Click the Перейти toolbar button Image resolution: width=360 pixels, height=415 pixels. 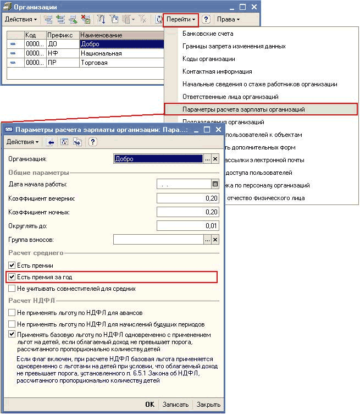(x=181, y=19)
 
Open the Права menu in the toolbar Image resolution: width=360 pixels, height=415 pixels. (x=228, y=19)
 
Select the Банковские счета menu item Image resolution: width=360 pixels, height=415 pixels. (x=208, y=34)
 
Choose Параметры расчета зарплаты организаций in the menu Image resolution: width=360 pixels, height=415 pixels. (x=243, y=109)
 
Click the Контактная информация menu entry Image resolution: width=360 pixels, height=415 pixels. (x=217, y=71)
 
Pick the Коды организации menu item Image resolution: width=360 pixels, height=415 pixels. (x=209, y=59)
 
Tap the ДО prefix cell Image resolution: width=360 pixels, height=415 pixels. (x=53, y=45)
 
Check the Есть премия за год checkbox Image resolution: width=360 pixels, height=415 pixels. (x=12, y=277)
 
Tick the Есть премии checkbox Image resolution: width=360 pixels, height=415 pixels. (x=12, y=265)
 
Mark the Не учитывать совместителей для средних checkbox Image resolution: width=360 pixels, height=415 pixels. (x=12, y=289)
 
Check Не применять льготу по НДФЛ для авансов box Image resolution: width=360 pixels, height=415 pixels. (x=12, y=313)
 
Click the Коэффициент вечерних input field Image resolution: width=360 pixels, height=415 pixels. (x=187, y=198)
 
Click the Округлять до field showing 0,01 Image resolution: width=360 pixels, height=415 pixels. (x=187, y=225)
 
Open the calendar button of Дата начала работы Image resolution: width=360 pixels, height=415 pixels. (x=215, y=185)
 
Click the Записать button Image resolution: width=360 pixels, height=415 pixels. (x=175, y=404)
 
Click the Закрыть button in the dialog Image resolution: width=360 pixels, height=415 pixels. (x=208, y=404)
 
